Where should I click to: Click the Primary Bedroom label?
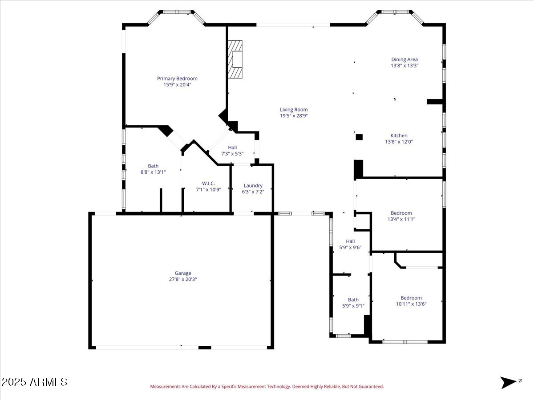[x=177, y=79]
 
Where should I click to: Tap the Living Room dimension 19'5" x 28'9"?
[x=294, y=116]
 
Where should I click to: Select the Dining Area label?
[x=405, y=60]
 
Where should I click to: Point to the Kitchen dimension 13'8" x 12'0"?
[x=399, y=142]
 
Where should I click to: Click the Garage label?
[x=182, y=273]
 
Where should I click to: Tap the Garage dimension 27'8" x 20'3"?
[x=182, y=280]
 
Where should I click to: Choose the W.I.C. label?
[x=208, y=183]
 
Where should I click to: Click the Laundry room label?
[x=253, y=186]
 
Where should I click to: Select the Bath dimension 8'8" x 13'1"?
[x=153, y=172]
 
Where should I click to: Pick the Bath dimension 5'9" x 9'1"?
[x=353, y=306]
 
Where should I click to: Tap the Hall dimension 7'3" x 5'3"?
[x=232, y=154]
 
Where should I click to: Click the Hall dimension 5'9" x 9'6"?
[x=350, y=248]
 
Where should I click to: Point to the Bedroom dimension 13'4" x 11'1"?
[x=401, y=219]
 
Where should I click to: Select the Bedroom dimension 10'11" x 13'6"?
[x=411, y=304]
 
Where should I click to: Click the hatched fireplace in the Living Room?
[x=235, y=59]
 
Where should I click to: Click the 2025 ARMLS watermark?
[x=35, y=382]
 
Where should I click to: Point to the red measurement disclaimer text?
[x=267, y=387]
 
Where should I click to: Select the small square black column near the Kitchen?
[x=359, y=137]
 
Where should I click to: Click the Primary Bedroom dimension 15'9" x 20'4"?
[x=177, y=84]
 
